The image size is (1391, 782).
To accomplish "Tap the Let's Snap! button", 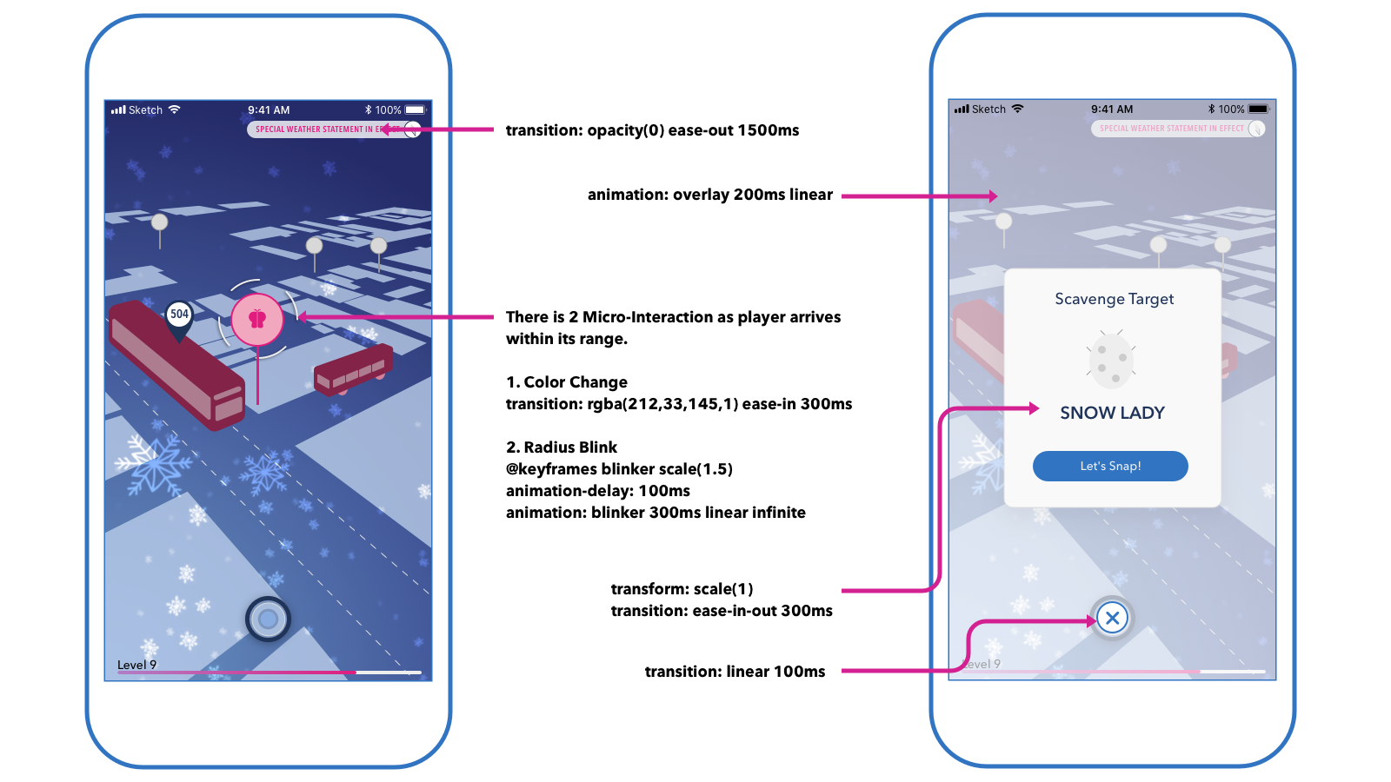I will pos(1110,466).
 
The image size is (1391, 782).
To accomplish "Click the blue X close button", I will pos(1112,618).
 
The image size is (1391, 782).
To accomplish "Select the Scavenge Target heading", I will pos(1114,299).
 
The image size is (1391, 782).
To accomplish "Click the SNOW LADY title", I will pos(1112,413).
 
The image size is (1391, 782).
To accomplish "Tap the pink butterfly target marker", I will pos(257,319).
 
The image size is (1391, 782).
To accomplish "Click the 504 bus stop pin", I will pos(179,315).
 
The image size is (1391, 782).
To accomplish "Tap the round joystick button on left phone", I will pos(268,619).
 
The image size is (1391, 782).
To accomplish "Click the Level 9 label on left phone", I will pos(137,665).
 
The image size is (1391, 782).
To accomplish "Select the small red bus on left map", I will pos(352,370).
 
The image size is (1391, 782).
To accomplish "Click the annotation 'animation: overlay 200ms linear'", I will pos(709,195).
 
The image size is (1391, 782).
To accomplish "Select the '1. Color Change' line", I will pos(567,382).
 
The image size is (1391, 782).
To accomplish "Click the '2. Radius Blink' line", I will pos(562,447).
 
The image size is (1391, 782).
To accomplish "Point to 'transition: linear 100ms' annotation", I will pos(735,672).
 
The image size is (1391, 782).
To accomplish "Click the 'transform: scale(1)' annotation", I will pos(682,589).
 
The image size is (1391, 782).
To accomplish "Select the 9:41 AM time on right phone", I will pos(1112,109).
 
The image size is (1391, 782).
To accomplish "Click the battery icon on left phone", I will pos(416,110).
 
